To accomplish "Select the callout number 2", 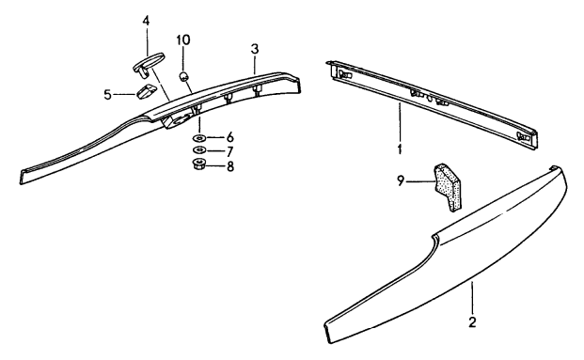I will tap(472, 322).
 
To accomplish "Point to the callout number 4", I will tap(146, 20).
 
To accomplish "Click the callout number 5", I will tap(107, 94).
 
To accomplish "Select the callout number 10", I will tap(184, 40).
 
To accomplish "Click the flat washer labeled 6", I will tap(199, 137).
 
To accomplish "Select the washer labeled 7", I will tap(199, 150).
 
